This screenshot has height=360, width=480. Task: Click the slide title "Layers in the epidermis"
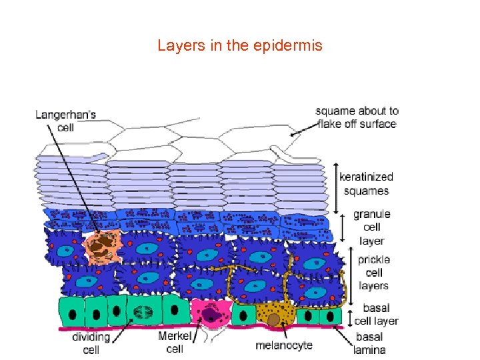[x=239, y=46]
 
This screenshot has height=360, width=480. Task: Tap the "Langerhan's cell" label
[x=65, y=120]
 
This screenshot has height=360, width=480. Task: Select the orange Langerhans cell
[x=101, y=245]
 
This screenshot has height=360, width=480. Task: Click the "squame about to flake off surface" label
[x=357, y=117]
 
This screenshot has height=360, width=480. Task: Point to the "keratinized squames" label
[x=366, y=183]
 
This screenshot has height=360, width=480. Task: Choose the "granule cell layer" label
[x=371, y=227]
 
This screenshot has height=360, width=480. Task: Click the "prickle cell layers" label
[x=373, y=272]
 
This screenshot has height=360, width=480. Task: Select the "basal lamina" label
[x=370, y=343]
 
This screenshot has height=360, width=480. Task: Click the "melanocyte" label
[x=284, y=345]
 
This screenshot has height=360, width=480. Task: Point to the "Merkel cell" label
[x=175, y=341]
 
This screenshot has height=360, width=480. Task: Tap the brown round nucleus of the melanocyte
[x=274, y=320]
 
